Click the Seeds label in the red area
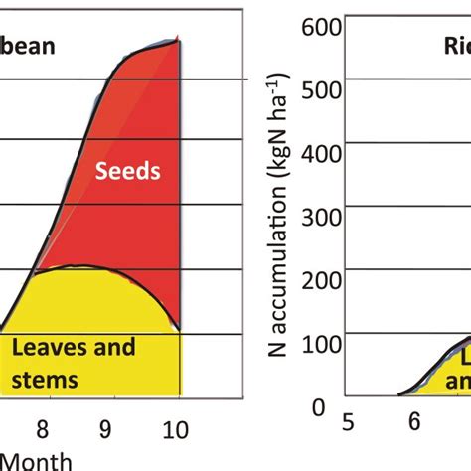(127, 171)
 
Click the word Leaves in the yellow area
(46, 349)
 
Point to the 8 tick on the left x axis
(42, 429)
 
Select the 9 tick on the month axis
(107, 429)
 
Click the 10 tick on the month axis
(177, 429)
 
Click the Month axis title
(30, 460)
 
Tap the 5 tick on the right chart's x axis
(349, 422)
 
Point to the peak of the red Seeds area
(178, 39)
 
